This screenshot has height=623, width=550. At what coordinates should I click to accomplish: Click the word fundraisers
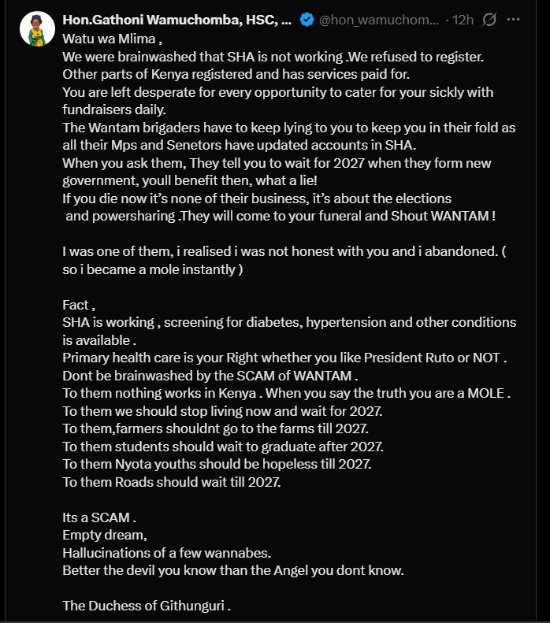101,110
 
